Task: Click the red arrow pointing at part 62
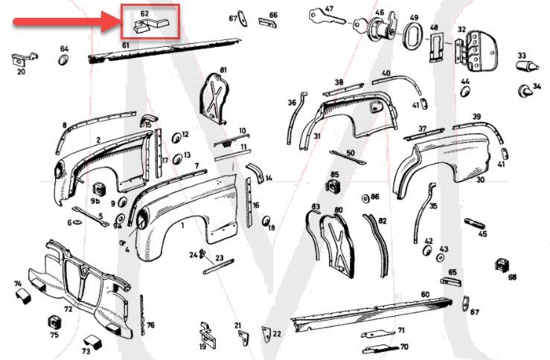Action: [x=63, y=23]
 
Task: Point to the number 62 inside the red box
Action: [x=144, y=13]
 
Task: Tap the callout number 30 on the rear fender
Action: [x=480, y=180]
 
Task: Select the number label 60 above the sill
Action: [x=425, y=295]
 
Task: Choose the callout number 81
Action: [x=223, y=70]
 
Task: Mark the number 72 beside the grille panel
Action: [x=68, y=308]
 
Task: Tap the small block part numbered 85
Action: [x=334, y=184]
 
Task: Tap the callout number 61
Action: [x=126, y=45]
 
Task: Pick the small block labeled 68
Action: [x=502, y=266]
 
